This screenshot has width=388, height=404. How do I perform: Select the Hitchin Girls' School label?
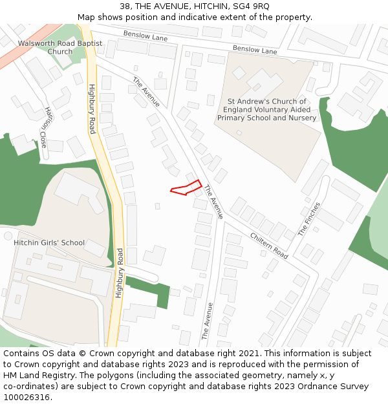tap(49, 243)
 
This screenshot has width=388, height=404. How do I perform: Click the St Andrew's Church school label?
tap(267, 110)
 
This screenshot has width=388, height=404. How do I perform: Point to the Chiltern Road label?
tap(268, 246)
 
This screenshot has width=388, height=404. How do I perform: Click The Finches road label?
tap(309, 219)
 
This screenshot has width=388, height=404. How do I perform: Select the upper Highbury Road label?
tap(92, 109)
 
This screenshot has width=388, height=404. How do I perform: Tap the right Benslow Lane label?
tap(255, 50)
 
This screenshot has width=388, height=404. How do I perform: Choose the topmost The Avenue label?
tap(146, 92)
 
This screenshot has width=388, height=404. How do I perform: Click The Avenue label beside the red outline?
tap(213, 202)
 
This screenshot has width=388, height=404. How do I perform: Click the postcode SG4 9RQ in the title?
tap(252, 6)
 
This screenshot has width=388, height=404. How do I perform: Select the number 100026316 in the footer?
tap(27, 397)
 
